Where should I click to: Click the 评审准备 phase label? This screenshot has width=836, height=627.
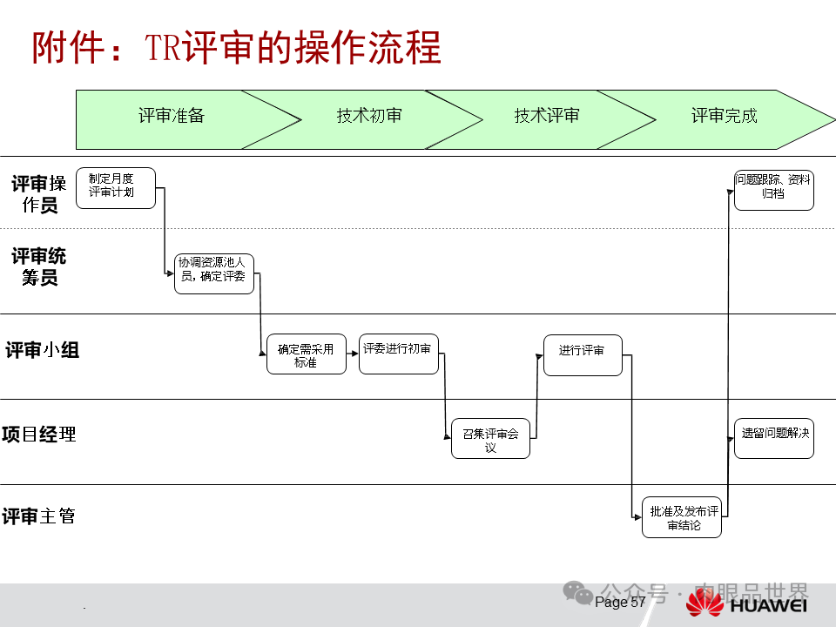[172, 116]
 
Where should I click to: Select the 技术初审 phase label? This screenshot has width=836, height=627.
[369, 116]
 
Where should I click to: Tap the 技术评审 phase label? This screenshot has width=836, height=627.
[547, 116]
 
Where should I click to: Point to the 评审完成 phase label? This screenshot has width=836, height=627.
[725, 116]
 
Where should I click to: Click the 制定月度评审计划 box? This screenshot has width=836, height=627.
[116, 188]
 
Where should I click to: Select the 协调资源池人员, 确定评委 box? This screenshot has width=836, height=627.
[214, 273]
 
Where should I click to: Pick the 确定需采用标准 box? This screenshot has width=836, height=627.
[306, 354]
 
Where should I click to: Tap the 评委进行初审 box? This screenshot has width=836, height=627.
[398, 354]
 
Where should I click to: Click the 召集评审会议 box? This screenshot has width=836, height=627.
[490, 438]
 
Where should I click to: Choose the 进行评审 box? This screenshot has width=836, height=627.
[583, 354]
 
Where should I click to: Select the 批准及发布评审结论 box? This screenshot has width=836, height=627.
[682, 517]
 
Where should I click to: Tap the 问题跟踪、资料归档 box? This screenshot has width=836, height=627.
[774, 190]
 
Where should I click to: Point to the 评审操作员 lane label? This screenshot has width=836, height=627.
[39, 193]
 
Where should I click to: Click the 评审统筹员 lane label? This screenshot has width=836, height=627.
[39, 266]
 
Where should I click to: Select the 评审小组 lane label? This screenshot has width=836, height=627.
[42, 350]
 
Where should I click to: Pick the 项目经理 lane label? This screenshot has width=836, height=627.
[39, 434]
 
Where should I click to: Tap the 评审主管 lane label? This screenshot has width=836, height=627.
[39, 516]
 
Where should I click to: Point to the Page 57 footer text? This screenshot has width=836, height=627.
[621, 603]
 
